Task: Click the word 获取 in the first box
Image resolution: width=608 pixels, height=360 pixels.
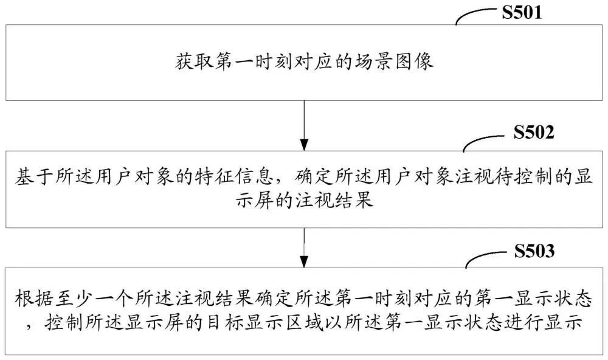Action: [191, 61]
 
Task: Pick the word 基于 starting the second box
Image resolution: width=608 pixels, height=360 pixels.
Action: [30, 180]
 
